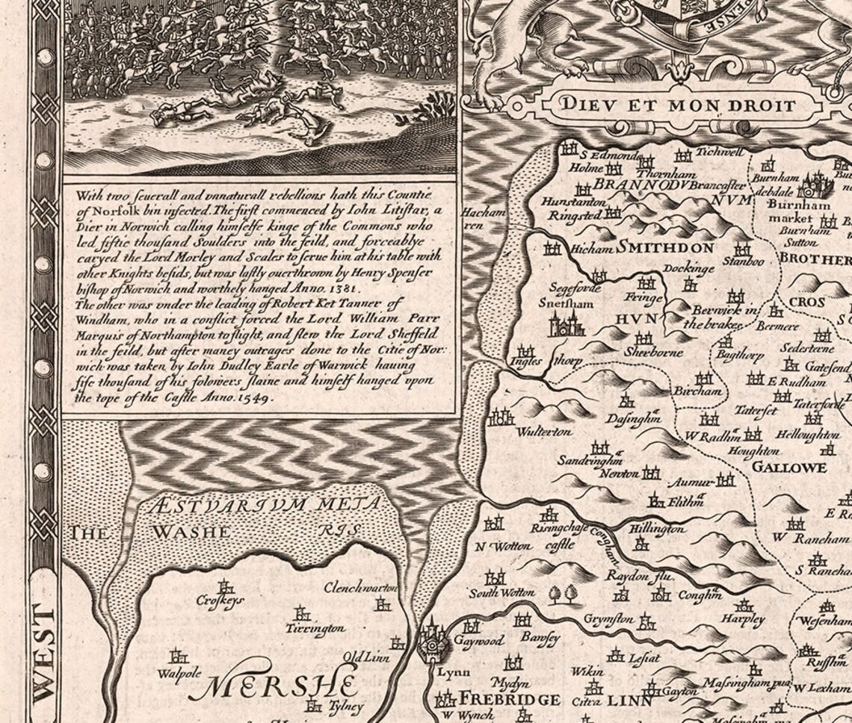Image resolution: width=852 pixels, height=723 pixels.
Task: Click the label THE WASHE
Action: pyautogui.click(x=149, y=532)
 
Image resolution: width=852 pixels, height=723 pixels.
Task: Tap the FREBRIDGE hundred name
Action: pyautogui.click(x=508, y=700)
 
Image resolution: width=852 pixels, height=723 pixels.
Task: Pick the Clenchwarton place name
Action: pyautogui.click(x=357, y=589)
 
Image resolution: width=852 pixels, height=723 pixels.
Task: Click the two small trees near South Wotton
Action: pyautogui.click(x=563, y=594)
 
